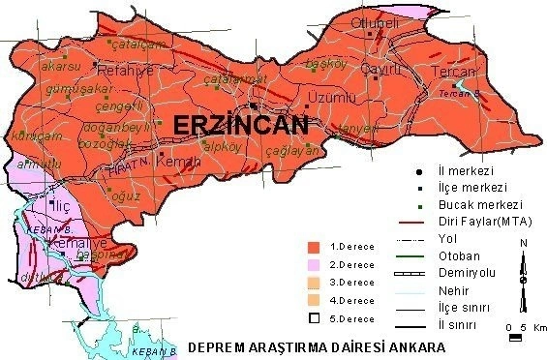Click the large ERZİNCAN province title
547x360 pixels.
pos(240,124)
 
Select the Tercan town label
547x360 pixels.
pos(453,73)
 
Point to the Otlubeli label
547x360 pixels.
pos(375,22)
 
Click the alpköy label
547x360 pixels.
pos(227,147)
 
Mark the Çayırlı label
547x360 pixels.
pos(381,69)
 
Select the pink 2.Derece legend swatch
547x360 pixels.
pos(313,264)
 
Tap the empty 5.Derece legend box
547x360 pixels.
pos(313,317)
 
